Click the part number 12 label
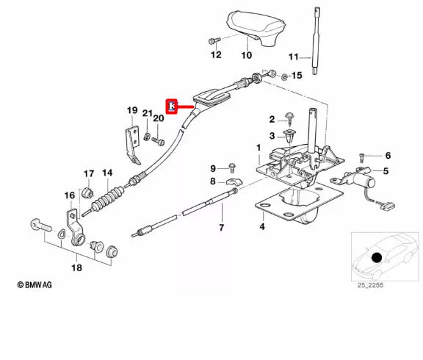pyautogui.click(x=215, y=55)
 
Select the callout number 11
pyautogui.click(x=294, y=57)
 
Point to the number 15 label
pyautogui.click(x=297, y=76)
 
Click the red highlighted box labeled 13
pyautogui.click(x=173, y=107)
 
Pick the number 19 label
pyautogui.click(x=132, y=111)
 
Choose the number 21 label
pyautogui.click(x=148, y=113)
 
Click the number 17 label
pyautogui.click(x=89, y=174)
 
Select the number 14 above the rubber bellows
pyautogui.click(x=107, y=174)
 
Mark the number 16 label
pyautogui.click(x=70, y=195)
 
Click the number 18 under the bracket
pyautogui.click(x=76, y=268)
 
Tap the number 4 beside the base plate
pyautogui.click(x=261, y=227)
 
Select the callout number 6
pyautogui.click(x=388, y=156)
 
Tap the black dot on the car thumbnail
pyautogui.click(x=377, y=257)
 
